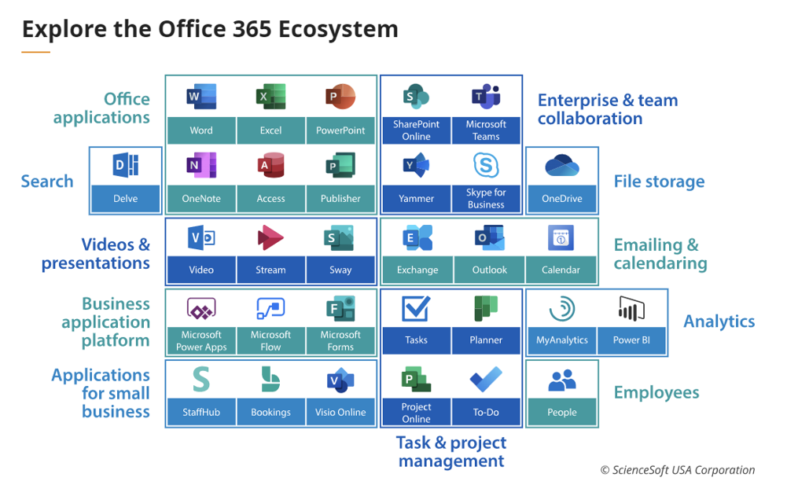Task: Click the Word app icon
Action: pos(201,96)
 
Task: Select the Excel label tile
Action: pos(271,130)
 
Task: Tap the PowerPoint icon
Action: pos(340,96)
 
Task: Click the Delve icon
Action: pos(126,165)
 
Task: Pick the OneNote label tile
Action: pos(201,199)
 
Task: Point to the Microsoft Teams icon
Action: pos(486,96)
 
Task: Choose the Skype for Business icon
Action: pos(486,165)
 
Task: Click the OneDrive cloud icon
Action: pos(562,166)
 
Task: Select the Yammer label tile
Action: pos(417,199)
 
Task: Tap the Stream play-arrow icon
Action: pos(270,238)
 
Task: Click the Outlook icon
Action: pos(489,238)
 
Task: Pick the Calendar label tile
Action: pos(561,270)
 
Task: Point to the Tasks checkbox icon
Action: pos(416,309)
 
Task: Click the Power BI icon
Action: pos(631,309)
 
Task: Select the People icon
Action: pos(562,380)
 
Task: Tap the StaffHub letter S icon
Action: pos(201,380)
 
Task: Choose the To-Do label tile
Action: pos(486,412)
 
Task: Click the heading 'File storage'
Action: pos(659,182)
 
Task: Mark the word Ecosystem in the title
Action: pos(338,29)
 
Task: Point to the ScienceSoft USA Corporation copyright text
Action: pos(678,470)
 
